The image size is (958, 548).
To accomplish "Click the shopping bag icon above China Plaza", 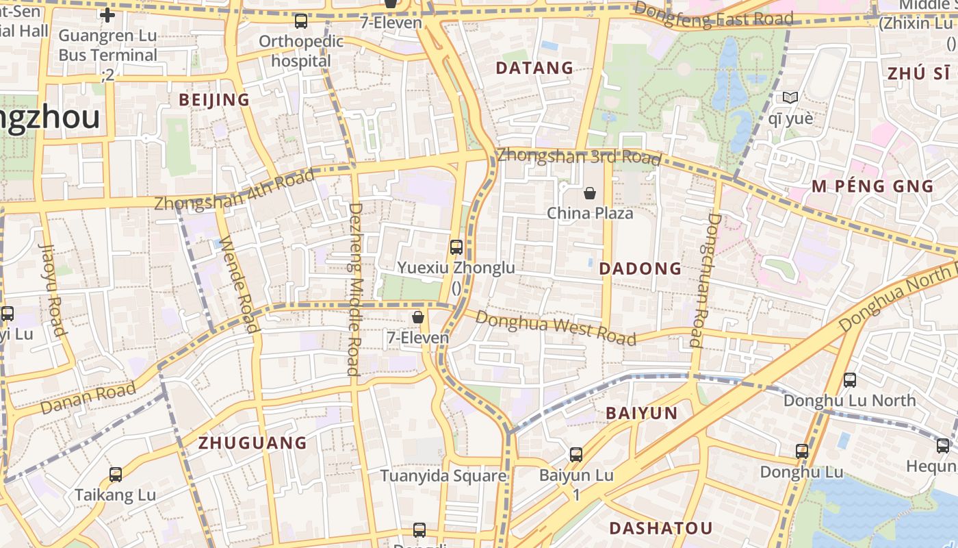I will [x=590, y=194].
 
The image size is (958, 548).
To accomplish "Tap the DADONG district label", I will [x=640, y=269].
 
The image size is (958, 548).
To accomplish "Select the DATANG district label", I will [x=534, y=68].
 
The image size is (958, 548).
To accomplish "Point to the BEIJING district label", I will [x=214, y=100].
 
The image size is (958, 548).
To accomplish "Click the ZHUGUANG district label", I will [x=253, y=443].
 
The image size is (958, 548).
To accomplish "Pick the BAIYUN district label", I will [x=642, y=413].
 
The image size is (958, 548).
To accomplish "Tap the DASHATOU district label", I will [x=660, y=528].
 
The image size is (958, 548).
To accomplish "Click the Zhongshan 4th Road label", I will [x=234, y=189].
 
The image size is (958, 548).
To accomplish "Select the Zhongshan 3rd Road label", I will [x=579, y=156].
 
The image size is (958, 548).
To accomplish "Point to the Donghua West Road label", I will [x=556, y=327].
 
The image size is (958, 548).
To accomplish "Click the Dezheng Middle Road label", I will [x=354, y=289].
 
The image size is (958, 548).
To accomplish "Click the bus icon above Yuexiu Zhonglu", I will [x=456, y=247].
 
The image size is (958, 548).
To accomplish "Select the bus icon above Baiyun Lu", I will [x=576, y=455].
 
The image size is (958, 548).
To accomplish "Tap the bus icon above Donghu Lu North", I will [x=850, y=379].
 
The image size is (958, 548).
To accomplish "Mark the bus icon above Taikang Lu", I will [x=116, y=474].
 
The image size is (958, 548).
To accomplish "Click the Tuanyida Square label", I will [x=443, y=475].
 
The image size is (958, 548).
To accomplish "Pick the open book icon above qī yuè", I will [x=790, y=98].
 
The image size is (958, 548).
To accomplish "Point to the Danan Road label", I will [x=88, y=399].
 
